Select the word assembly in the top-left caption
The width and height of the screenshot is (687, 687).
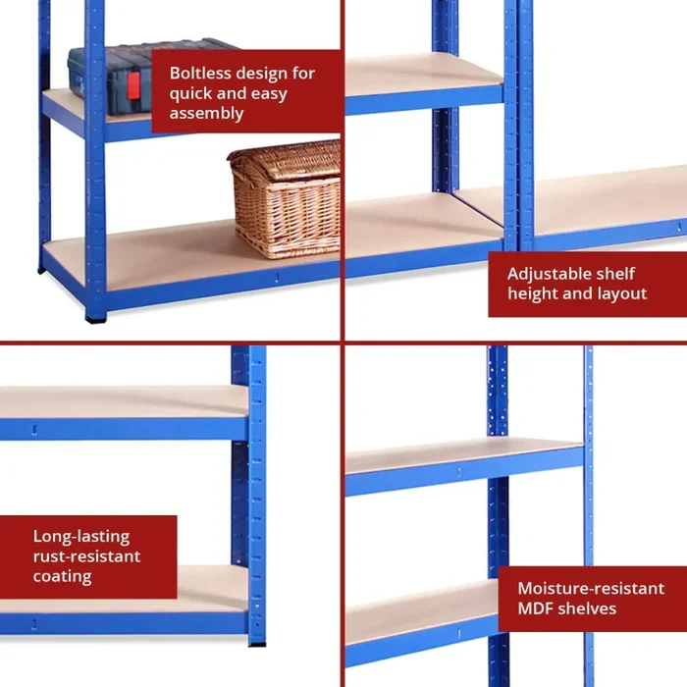[x=206, y=113]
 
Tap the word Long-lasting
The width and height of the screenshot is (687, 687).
[x=80, y=537]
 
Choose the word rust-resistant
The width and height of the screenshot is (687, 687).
[x=86, y=556]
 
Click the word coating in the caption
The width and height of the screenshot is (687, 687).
[x=63, y=576]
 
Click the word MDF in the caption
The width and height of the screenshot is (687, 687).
[x=537, y=608]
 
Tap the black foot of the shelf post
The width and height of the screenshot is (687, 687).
[x=95, y=317]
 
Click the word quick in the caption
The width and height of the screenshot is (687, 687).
[x=191, y=93]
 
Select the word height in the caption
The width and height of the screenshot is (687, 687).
[x=530, y=293]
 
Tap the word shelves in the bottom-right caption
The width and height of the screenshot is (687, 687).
[x=588, y=608]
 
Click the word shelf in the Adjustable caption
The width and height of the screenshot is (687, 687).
[x=613, y=274]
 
